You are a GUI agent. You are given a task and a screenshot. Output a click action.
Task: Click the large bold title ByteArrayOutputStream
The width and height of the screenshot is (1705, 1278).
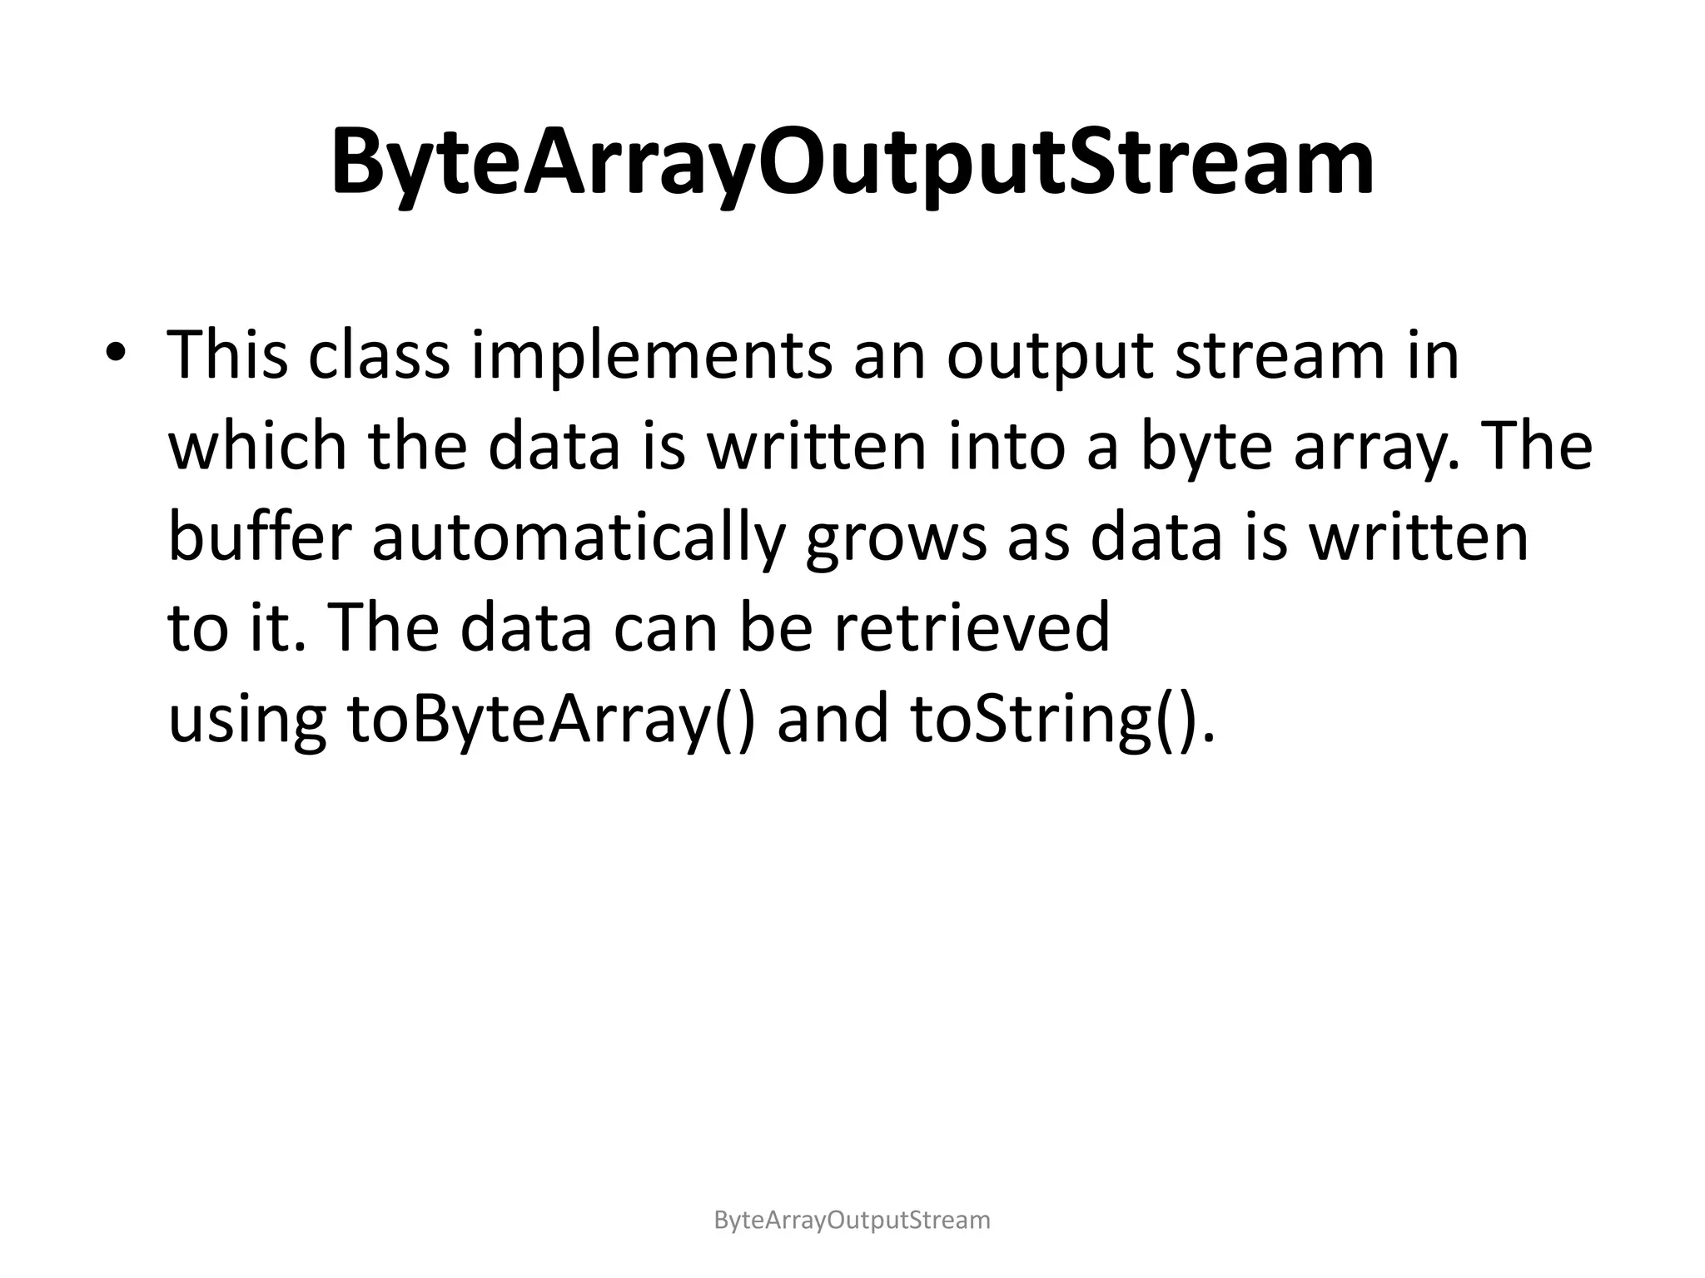[852, 161]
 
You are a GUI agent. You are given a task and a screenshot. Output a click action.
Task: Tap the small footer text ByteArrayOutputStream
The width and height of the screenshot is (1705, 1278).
[852, 1221]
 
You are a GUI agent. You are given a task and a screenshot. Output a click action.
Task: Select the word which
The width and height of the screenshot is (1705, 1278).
[257, 447]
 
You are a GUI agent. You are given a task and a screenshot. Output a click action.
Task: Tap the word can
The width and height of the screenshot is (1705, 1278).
[665, 629]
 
